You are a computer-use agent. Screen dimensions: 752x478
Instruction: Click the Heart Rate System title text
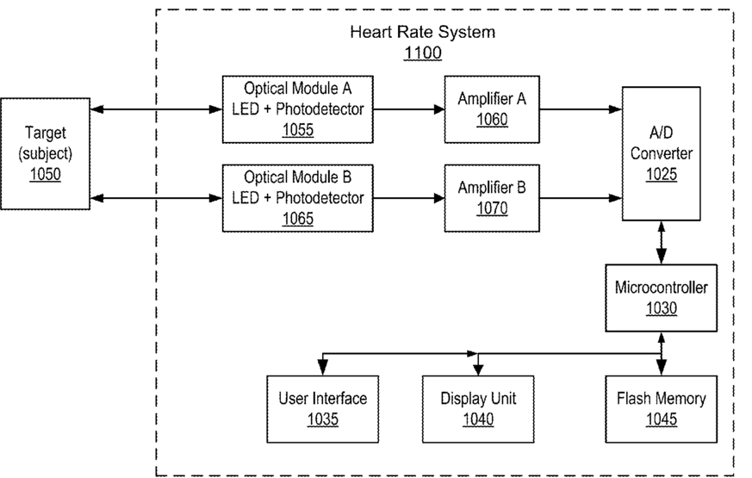[422, 32]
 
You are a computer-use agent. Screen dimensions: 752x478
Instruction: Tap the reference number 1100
[423, 53]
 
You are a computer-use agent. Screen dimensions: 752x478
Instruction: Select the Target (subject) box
[45, 153]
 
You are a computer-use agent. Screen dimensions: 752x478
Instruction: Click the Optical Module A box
[297, 109]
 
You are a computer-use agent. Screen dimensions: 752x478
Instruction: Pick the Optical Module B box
[297, 198]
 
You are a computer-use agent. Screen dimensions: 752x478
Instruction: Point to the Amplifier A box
[492, 109]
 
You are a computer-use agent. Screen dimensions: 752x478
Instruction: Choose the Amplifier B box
[492, 198]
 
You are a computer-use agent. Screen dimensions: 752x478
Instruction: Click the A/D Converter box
[661, 153]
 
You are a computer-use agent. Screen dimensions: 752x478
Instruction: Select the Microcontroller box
[661, 298]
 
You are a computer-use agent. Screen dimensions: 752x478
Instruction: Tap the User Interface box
[323, 409]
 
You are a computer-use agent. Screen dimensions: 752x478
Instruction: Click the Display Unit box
[478, 409]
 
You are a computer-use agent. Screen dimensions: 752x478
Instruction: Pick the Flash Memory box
[661, 409]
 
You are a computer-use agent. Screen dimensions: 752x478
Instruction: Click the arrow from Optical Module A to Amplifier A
[408, 109]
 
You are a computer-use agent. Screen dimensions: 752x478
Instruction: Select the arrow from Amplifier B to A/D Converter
[581, 198]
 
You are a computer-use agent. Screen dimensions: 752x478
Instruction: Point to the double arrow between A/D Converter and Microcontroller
[662, 243]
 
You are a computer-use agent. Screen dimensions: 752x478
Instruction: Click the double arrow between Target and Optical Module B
[157, 198]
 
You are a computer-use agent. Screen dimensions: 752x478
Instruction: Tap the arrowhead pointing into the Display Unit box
[478, 369]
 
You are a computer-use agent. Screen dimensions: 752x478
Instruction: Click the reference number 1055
[298, 130]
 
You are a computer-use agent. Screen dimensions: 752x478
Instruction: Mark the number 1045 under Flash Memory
[662, 419]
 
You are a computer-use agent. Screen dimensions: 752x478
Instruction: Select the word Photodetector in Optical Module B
[320, 197]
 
